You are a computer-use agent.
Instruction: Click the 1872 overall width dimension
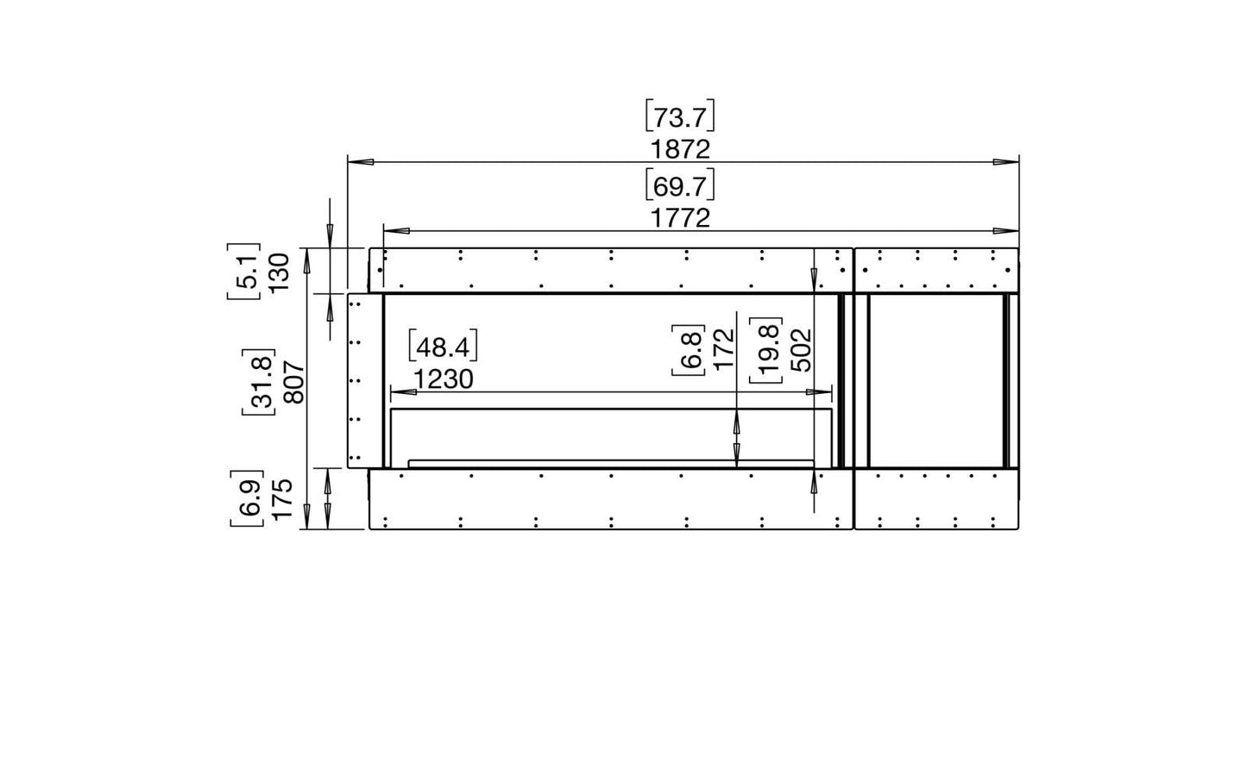pyautogui.click(x=680, y=150)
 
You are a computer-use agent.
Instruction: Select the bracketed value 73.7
pyautogui.click(x=680, y=116)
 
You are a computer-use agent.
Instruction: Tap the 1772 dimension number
pyautogui.click(x=680, y=218)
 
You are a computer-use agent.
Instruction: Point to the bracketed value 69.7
pyautogui.click(x=680, y=186)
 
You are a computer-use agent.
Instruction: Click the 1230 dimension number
pyautogui.click(x=443, y=379)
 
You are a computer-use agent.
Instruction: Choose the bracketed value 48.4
pyautogui.click(x=443, y=347)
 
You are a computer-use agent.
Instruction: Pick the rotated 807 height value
pyautogui.click(x=294, y=382)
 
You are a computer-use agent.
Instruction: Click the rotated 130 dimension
pyautogui.click(x=279, y=272)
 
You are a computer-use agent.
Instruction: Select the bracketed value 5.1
pyautogui.click(x=244, y=272)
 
